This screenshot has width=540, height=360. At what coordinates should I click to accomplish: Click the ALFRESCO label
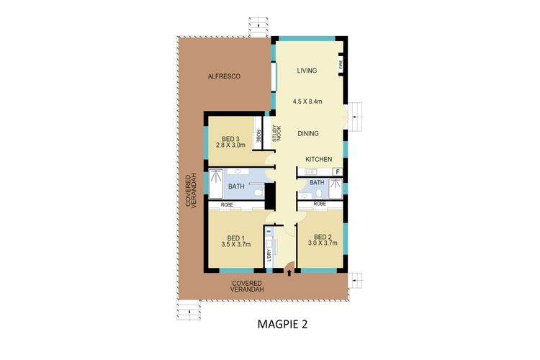tap(223, 76)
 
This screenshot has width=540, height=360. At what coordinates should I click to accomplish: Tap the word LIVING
tap(308, 71)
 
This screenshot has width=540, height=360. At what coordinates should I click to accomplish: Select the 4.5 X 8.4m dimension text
tap(307, 102)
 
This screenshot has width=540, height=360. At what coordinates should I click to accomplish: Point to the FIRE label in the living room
tap(341, 66)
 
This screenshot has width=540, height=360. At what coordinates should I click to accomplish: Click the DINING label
tap(307, 134)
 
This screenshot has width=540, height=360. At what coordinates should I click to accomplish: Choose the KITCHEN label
tap(318, 158)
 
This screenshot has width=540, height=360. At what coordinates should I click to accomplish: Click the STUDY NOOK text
tap(275, 133)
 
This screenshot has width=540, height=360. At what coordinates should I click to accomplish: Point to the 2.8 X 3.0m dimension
tap(230, 145)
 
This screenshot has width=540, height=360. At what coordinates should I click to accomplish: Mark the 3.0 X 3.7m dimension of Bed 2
tap(323, 243)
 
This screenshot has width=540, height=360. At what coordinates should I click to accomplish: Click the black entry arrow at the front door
tap(289, 271)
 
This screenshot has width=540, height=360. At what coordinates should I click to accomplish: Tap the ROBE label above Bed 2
tap(320, 204)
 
